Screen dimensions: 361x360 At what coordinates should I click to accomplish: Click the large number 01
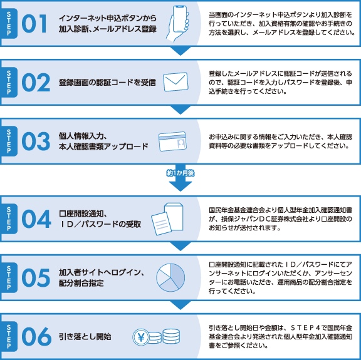[34, 23]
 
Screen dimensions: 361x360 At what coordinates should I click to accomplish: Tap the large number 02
[36, 83]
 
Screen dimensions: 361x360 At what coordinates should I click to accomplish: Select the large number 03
[36, 141]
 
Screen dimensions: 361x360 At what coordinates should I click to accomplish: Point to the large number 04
[36, 219]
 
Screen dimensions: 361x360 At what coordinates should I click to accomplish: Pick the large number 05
[36, 277]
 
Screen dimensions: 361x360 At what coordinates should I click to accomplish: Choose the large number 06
[36, 337]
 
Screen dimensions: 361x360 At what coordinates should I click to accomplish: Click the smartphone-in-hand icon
[178, 23]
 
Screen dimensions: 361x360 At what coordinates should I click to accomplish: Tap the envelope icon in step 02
[175, 82]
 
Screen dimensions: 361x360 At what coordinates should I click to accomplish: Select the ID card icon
[172, 141]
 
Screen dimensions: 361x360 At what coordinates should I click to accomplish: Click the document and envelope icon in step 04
[167, 219]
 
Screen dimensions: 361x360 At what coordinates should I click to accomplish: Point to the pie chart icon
[170, 277]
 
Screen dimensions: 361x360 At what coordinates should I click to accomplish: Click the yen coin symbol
[141, 337]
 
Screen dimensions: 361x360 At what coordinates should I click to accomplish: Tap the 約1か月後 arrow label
[180, 173]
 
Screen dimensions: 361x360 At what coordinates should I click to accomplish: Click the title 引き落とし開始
[85, 337]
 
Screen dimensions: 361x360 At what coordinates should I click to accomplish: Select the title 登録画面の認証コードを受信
[107, 83]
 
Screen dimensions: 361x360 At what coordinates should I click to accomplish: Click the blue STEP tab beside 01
[9, 23]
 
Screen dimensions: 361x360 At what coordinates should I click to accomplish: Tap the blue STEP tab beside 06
[9, 337]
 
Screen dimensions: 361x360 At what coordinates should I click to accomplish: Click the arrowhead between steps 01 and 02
[180, 51]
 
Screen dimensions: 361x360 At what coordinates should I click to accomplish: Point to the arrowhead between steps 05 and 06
[180, 305]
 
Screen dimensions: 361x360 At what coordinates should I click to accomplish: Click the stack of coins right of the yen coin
[171, 336]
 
